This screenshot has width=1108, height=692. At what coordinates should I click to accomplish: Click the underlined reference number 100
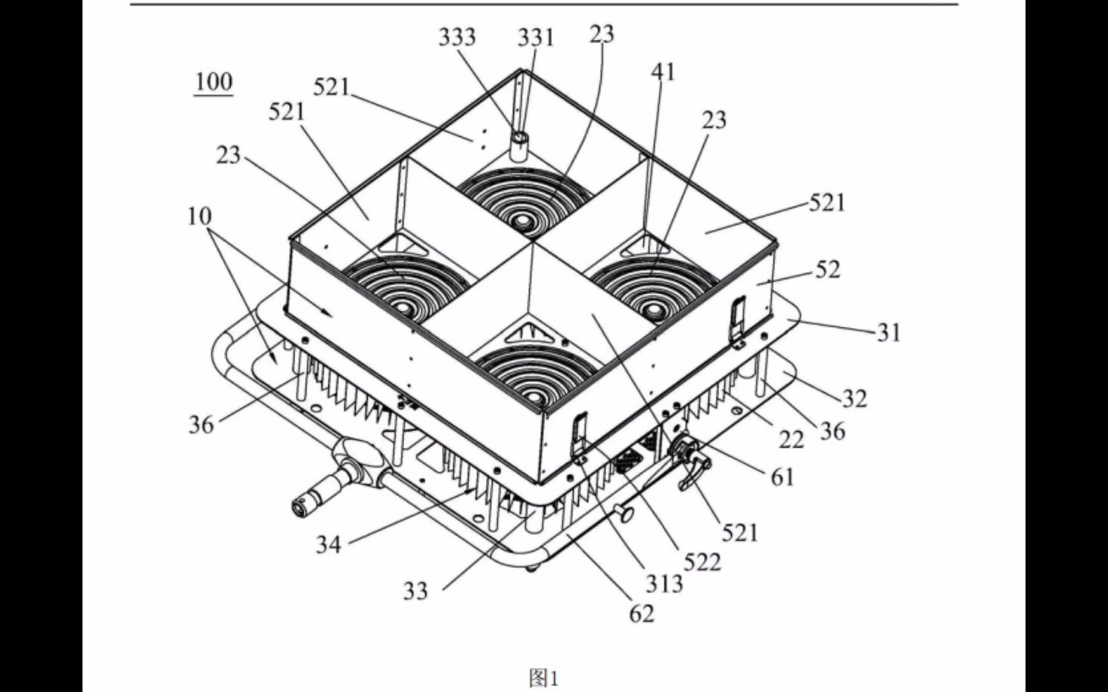[213, 82]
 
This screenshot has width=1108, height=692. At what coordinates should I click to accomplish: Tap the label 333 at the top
[457, 37]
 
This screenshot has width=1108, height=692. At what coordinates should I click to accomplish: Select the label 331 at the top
[536, 38]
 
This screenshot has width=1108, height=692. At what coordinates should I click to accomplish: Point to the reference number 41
[663, 72]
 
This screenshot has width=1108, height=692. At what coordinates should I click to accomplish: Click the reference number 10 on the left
[200, 216]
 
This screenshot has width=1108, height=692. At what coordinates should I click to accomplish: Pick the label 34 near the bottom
[329, 545]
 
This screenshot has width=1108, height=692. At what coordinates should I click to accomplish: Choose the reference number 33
[415, 591]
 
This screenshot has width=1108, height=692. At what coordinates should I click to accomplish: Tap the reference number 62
[642, 613]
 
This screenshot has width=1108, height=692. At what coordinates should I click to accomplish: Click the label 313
[664, 585]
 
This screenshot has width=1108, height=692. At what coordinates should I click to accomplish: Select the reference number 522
[702, 562]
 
